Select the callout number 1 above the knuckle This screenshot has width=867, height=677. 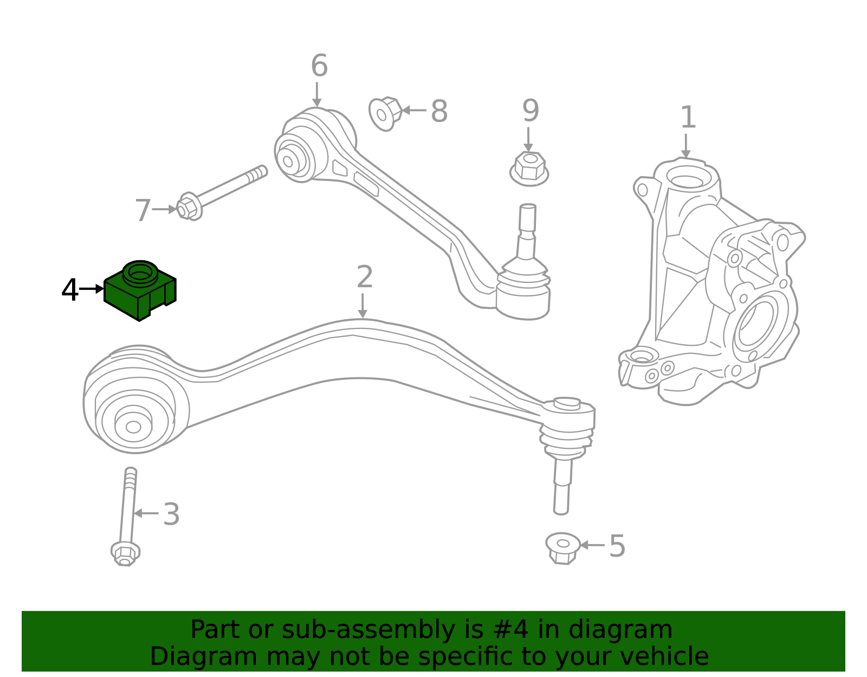point(688,118)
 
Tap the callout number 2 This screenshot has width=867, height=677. point(365,277)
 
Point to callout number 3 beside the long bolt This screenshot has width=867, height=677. point(171,514)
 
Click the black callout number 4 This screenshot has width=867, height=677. point(70,291)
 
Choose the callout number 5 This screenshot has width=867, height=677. point(617,546)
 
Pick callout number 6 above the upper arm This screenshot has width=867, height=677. point(319,66)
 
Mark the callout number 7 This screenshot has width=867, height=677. point(143,210)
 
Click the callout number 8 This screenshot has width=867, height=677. point(439,112)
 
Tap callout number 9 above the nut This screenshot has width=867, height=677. point(530,111)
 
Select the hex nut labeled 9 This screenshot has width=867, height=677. point(529,167)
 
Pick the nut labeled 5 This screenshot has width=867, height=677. point(562,547)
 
